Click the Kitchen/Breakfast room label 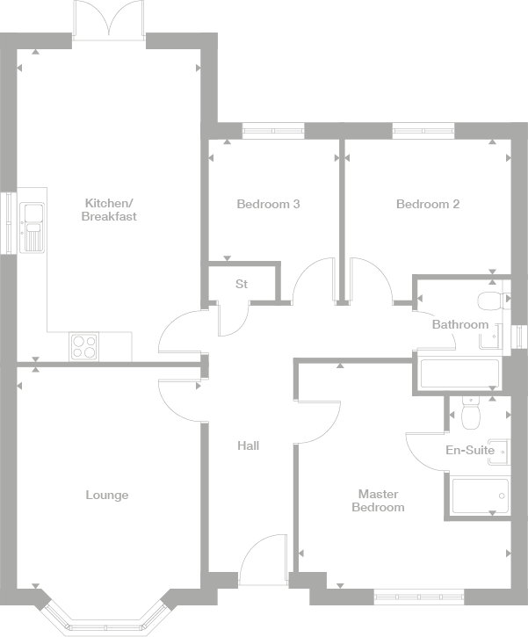[109, 209]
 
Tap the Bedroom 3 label [269, 204]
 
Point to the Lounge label [107, 495]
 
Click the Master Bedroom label [378, 501]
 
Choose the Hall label [249, 445]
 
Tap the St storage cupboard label [242, 284]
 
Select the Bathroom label [459, 324]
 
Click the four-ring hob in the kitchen [84, 346]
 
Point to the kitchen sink [33, 225]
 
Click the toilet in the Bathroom [492, 301]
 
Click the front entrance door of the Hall [263, 562]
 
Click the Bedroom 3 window [273, 132]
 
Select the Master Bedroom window [418, 597]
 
